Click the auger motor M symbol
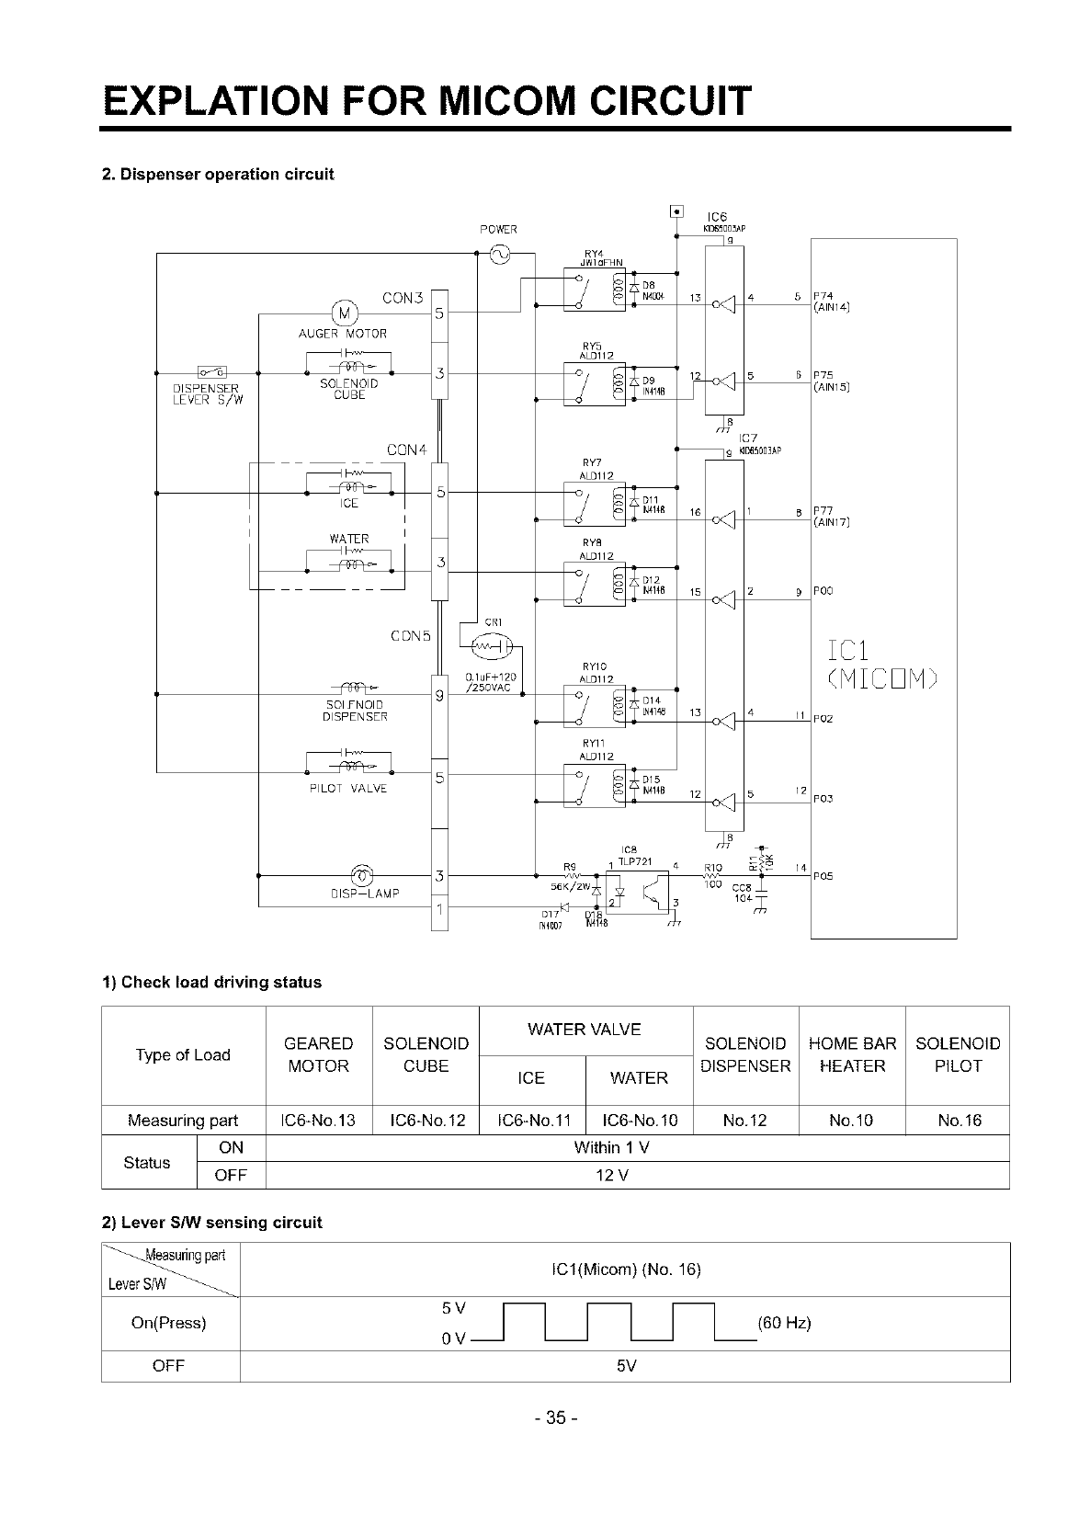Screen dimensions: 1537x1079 342,313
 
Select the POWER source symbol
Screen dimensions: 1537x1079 501,254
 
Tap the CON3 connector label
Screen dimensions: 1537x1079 401,297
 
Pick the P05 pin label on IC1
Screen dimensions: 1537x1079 822,876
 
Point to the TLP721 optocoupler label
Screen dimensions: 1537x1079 633,860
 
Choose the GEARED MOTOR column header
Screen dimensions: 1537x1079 318,1054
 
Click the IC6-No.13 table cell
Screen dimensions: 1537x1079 318,1120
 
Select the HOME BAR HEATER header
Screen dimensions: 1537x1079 852,1054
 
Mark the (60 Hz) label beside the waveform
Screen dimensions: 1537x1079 783,1324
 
